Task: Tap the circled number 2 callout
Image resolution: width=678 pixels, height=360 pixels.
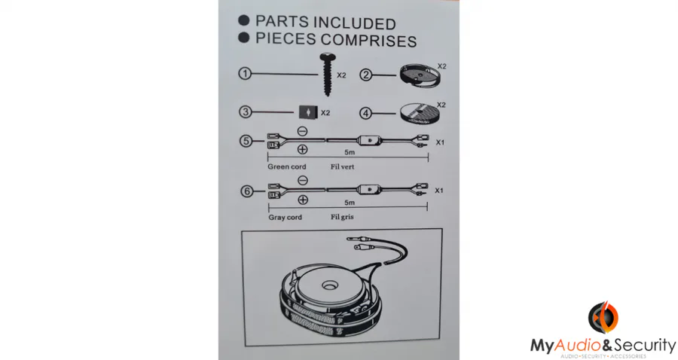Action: pos(366,75)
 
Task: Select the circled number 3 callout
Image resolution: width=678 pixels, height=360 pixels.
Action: pos(245,112)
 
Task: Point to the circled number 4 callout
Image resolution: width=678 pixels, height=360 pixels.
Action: pos(366,113)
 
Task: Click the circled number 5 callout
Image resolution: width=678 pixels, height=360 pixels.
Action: pos(246,141)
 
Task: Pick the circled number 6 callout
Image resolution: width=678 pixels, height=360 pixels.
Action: pos(246,191)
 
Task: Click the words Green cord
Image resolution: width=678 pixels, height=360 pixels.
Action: pos(287,166)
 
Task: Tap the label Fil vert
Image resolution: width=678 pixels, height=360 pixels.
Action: pos(342,166)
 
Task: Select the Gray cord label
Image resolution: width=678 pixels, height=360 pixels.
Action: pos(285,217)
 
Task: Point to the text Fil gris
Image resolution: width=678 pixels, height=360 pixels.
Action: pos(342,217)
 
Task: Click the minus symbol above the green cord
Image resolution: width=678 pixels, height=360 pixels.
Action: pos(303,131)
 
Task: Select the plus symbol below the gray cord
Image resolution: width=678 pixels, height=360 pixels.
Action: pos(303,200)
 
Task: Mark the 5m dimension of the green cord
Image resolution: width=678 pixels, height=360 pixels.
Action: pos(350,152)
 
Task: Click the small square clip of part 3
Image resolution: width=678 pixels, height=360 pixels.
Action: pos(308,112)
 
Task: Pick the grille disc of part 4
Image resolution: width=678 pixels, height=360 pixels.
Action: pos(420,113)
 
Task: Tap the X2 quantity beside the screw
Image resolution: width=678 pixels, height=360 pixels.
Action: pos(341,75)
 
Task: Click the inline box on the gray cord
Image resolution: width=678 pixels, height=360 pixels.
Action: pos(369,189)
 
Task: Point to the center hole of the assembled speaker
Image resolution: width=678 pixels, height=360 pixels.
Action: pos(329,285)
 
